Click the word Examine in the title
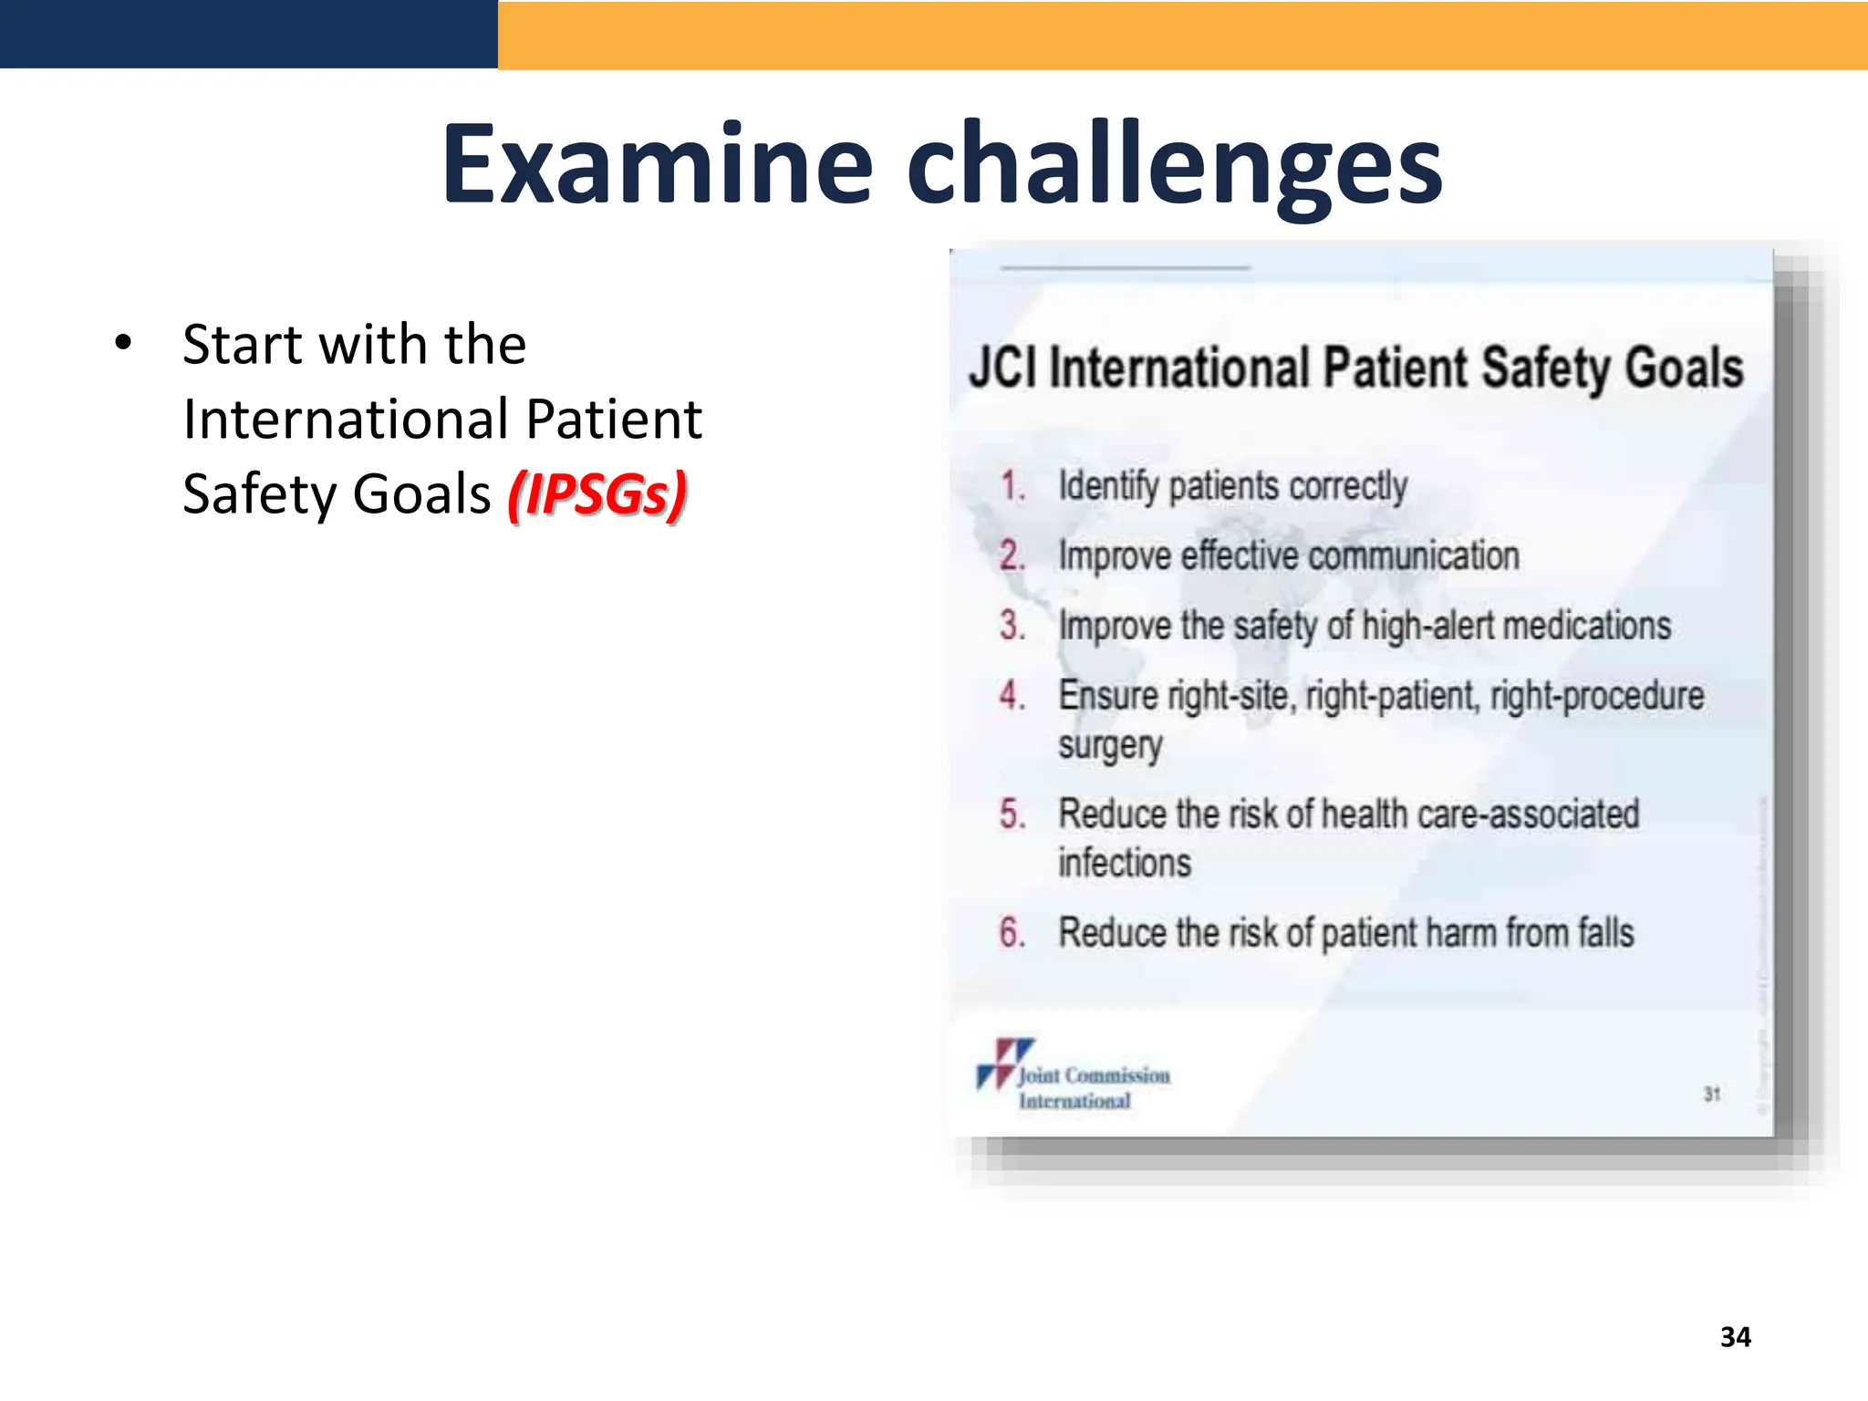click(658, 165)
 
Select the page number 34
click(1735, 1337)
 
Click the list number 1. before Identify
click(1012, 486)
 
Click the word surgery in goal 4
click(1110, 746)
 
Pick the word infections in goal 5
click(1125, 863)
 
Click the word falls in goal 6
click(1606, 933)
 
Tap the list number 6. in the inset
click(1012, 933)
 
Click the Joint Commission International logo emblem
click(1003, 1063)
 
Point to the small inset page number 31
click(1712, 1094)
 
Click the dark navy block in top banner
click(248, 34)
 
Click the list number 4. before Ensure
click(1012, 696)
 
